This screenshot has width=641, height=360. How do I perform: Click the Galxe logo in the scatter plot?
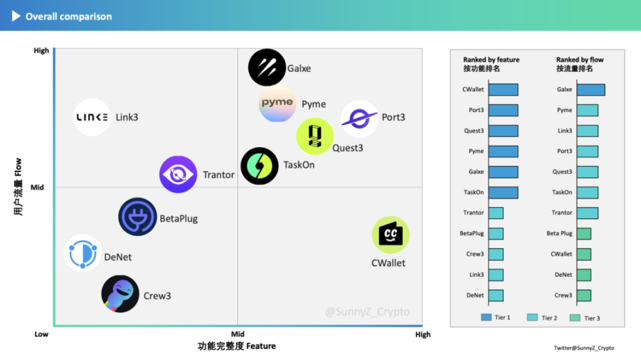pos(266,67)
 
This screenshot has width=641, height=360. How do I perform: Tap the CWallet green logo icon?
pos(390,235)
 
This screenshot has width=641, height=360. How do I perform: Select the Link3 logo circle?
pos(92,117)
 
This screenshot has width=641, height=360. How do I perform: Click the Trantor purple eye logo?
pos(178,175)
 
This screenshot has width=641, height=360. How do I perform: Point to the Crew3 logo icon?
pos(120,294)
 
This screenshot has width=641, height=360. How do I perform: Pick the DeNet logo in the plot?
pos(82,253)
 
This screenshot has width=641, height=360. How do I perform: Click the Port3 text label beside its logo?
pos(393,117)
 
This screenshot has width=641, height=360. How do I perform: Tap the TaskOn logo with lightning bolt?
pos(259,165)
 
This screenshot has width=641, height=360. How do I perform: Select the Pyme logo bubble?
pos(277,104)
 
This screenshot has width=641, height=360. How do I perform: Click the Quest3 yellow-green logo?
pos(315,136)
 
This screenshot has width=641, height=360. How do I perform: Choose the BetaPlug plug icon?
pos(138,217)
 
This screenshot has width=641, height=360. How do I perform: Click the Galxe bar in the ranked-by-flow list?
pos(590,90)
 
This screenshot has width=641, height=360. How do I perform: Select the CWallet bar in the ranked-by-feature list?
pos(503,90)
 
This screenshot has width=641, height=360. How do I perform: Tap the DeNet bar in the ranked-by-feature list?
pos(496,295)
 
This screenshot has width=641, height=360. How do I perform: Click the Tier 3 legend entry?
pos(585,318)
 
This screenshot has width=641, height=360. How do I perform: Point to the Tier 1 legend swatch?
pos(486,318)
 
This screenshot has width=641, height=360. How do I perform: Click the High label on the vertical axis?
pos(41,51)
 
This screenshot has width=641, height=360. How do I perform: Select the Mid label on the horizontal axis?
pos(237,334)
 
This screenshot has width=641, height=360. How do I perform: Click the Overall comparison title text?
pos(69,16)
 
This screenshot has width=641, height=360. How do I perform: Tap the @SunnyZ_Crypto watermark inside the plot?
pos(367,312)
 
